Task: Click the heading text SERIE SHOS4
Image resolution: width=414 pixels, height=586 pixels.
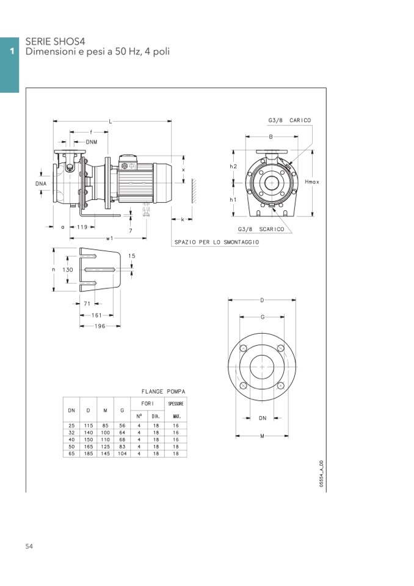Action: coord(55,42)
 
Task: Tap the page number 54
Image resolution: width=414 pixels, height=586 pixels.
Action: coord(29,546)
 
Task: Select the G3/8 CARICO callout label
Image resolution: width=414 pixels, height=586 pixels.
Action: coord(289,120)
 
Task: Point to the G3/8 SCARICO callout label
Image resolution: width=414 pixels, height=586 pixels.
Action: coord(261,229)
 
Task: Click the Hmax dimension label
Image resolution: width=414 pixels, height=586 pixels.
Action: coord(311,181)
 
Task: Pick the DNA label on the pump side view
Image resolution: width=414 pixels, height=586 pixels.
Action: coord(41,182)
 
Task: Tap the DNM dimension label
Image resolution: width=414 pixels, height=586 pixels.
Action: coord(91,142)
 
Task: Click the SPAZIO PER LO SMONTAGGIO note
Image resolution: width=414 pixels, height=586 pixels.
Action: coord(216,242)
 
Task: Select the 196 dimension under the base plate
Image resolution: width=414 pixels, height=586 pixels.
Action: coord(99,326)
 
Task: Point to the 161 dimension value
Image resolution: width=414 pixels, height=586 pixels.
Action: coord(96,315)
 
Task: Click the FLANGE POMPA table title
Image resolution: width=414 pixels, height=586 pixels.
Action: coord(163,391)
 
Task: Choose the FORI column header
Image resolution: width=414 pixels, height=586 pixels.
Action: coord(147,404)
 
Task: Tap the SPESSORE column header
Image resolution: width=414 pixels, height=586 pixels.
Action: coord(176,404)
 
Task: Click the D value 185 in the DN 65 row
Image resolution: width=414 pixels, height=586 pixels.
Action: coord(89,453)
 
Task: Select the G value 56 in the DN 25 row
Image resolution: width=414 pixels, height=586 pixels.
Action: coord(122,425)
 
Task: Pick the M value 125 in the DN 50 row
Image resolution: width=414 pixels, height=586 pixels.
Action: coord(105,446)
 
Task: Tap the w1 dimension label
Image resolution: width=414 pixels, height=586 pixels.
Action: coord(109,238)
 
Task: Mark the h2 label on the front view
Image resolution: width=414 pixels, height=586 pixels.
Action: coord(233,166)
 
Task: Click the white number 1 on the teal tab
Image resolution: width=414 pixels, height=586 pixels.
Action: coord(11,52)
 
